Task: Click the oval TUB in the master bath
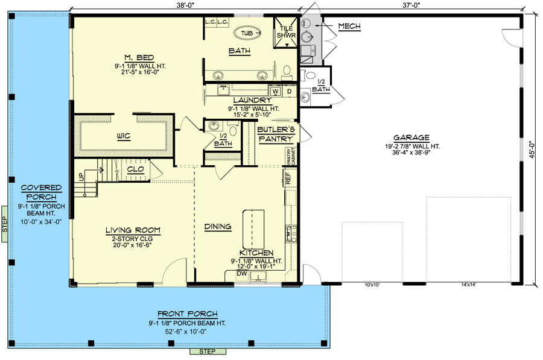[247, 33]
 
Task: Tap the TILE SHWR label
[287, 31]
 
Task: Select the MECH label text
[349, 26]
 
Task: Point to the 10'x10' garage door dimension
[372, 285]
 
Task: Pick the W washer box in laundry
[275, 91]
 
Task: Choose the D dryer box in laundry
[288, 91]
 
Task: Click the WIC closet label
[124, 137]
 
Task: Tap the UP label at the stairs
[81, 177]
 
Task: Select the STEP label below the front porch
[208, 351]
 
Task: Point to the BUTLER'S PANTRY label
[275, 134]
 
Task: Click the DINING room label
[217, 227]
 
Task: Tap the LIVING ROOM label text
[132, 230]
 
